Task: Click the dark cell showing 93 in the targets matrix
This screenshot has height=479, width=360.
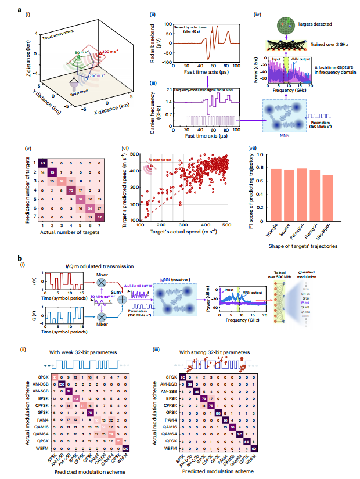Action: [x=43, y=164]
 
